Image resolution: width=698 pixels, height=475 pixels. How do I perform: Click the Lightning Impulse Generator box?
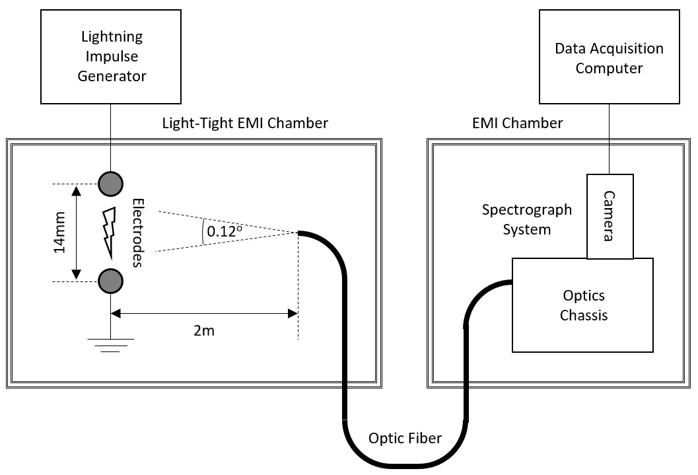112,56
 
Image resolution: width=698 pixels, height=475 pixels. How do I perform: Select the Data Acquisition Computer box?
609,57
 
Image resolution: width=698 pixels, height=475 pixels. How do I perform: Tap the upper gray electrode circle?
110,182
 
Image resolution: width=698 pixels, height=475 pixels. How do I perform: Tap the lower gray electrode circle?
110,281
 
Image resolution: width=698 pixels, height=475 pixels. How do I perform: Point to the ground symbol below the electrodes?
111,344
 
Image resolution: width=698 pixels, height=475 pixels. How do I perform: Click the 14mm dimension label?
59,233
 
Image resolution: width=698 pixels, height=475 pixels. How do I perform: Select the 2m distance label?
203,330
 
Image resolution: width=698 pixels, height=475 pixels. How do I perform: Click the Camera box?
610,217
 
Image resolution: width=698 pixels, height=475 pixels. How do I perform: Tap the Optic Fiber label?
405,437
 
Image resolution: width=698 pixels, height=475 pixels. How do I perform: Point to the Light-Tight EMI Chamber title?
245,123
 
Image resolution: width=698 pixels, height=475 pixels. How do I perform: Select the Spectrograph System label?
526,220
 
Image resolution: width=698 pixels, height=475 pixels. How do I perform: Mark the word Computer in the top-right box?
609,68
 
